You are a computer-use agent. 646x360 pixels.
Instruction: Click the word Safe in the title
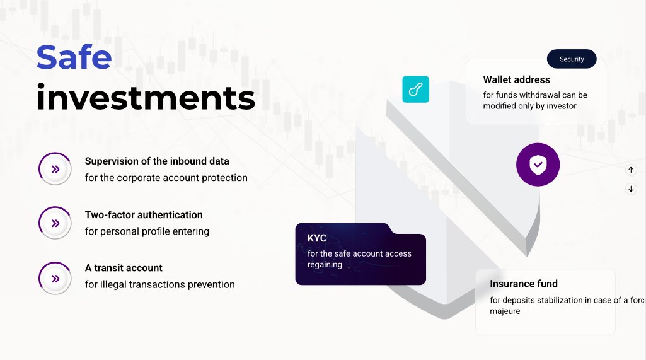coord(74,57)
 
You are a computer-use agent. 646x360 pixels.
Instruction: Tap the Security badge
coord(572,59)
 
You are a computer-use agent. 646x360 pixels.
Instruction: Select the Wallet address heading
coord(516,79)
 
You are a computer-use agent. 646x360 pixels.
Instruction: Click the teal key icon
coord(415,90)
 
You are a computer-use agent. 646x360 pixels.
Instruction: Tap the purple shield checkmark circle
coord(538,165)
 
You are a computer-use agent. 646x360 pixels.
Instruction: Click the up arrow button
coord(631,170)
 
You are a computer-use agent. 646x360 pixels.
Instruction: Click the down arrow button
coord(631,189)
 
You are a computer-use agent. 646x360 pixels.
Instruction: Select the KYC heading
coord(317,238)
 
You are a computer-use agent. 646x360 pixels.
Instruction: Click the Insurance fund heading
coord(523,284)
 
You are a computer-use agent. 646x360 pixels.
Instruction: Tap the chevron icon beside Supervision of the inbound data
coord(55,169)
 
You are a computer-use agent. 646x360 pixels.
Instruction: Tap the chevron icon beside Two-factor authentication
coord(55,223)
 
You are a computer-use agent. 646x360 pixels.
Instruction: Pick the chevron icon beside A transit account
coord(55,278)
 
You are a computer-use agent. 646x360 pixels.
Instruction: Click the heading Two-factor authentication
coord(144,214)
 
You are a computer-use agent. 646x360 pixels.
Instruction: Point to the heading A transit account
coord(124,268)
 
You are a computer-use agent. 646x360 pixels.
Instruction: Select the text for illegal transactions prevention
coord(159,284)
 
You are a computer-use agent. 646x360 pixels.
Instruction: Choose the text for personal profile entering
coord(147,231)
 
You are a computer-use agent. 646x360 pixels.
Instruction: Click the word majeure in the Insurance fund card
coord(505,311)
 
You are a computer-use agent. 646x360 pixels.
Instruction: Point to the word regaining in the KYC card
coord(325,265)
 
